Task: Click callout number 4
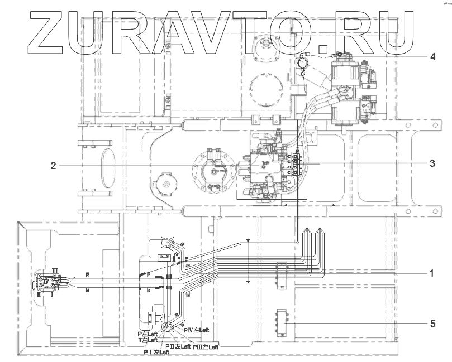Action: pyautogui.click(x=432, y=57)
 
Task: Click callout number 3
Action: pyautogui.click(x=432, y=163)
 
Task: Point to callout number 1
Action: pyautogui.click(x=431, y=273)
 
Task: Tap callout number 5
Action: pyautogui.click(x=432, y=323)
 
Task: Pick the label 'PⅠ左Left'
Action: pyautogui.click(x=156, y=353)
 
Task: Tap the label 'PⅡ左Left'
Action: pyautogui.click(x=178, y=346)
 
